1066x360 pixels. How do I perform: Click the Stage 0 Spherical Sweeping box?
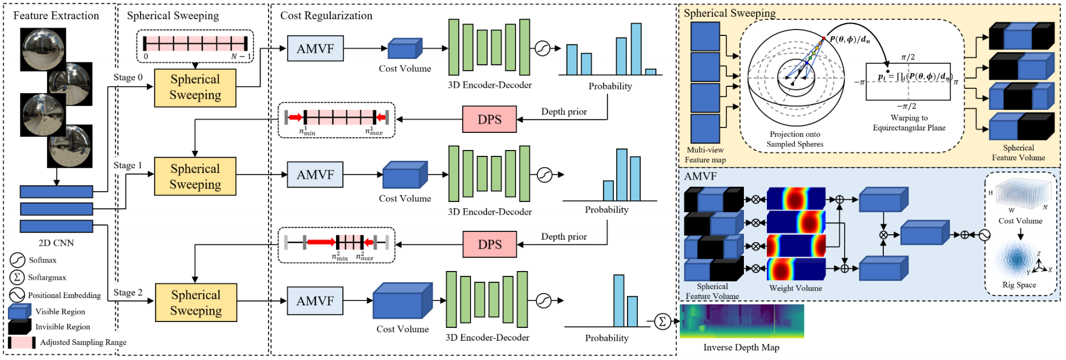tap(195, 88)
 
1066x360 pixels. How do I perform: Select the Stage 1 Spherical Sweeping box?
tap(195, 176)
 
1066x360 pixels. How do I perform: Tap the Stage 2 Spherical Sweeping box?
tap(196, 303)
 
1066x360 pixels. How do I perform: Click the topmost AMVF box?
tap(315, 49)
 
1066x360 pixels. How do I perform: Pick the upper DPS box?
tap(489, 119)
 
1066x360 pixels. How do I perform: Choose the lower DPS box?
tap(489, 245)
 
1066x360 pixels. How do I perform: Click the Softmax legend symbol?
tap(18, 260)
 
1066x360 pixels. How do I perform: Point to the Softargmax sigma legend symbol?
tap(17, 277)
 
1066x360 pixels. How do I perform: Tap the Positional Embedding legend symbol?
tap(17, 295)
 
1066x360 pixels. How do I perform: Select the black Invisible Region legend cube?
tap(20, 326)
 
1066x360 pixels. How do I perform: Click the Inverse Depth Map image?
tap(742, 321)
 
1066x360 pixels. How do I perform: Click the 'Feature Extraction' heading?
tap(56, 16)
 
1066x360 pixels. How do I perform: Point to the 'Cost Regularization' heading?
tap(326, 16)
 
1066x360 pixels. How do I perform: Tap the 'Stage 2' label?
tap(128, 292)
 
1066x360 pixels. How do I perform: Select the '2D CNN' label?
tap(56, 243)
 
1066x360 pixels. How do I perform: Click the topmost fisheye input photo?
tap(43, 49)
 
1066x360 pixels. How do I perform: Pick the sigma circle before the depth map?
tap(662, 321)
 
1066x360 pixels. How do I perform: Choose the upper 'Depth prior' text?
tap(564, 111)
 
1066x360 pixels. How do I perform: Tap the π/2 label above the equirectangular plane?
tap(908, 57)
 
